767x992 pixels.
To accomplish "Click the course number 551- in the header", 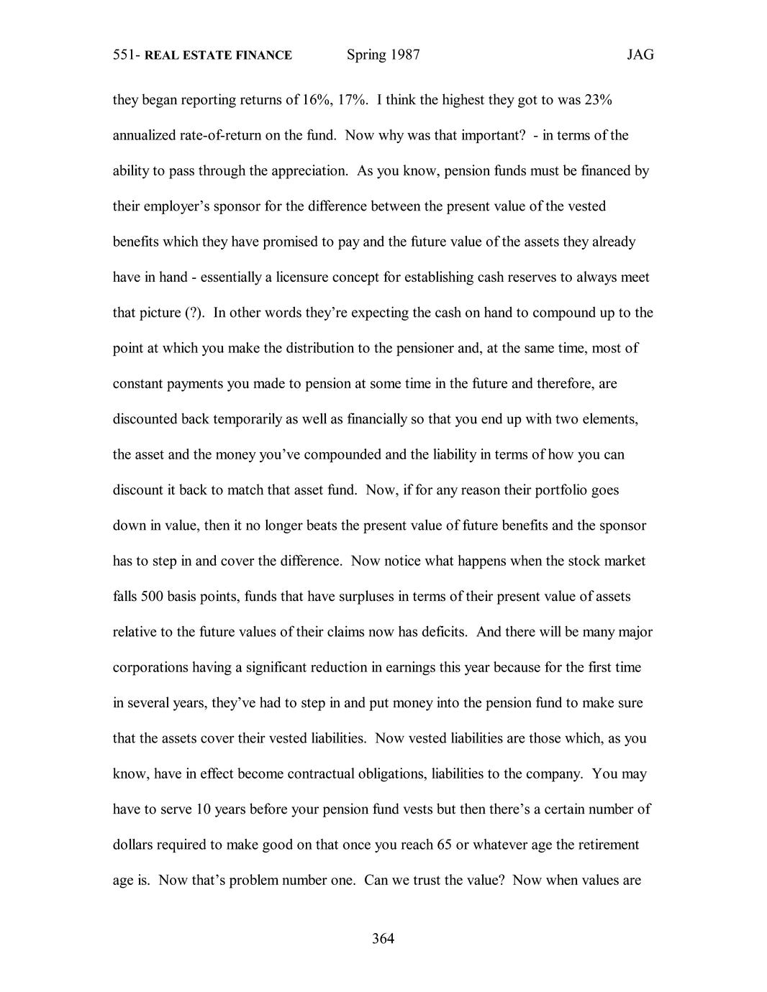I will click(127, 55).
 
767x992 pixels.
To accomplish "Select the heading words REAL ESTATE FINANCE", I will click(218, 55).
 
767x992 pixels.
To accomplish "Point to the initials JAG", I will click(640, 55).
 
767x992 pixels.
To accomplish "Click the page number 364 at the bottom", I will click(383, 938).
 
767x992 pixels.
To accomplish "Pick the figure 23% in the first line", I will click(597, 100).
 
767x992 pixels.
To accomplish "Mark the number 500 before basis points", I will click(150, 596).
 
